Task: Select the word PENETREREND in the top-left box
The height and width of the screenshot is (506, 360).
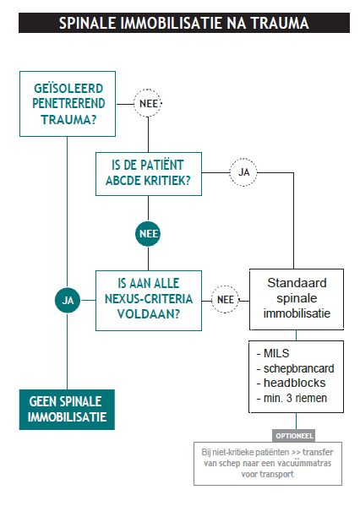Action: point(68,104)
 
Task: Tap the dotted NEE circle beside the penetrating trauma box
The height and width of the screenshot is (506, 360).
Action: point(148,103)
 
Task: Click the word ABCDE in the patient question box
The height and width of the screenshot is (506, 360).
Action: point(123,181)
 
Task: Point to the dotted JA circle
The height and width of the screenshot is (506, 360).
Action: point(243,172)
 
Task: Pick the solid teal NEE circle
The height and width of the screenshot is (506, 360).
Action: point(148,234)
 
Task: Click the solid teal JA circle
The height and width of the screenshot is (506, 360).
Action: point(68,301)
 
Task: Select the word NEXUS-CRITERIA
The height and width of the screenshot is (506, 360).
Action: point(149,299)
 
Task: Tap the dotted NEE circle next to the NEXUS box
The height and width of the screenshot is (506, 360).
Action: point(225,300)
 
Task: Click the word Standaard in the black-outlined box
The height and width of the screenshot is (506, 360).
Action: point(297,283)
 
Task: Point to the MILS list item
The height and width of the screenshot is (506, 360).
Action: point(273,353)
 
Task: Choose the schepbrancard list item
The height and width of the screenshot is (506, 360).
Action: point(295,368)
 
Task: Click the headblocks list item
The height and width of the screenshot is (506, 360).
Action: point(291,383)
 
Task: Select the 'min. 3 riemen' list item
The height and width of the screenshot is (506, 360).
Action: point(292,398)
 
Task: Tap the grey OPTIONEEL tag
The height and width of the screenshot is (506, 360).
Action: point(294,436)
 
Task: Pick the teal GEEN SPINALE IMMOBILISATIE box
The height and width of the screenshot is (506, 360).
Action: point(67,410)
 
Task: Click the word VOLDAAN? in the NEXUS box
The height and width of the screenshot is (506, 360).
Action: point(148,314)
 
